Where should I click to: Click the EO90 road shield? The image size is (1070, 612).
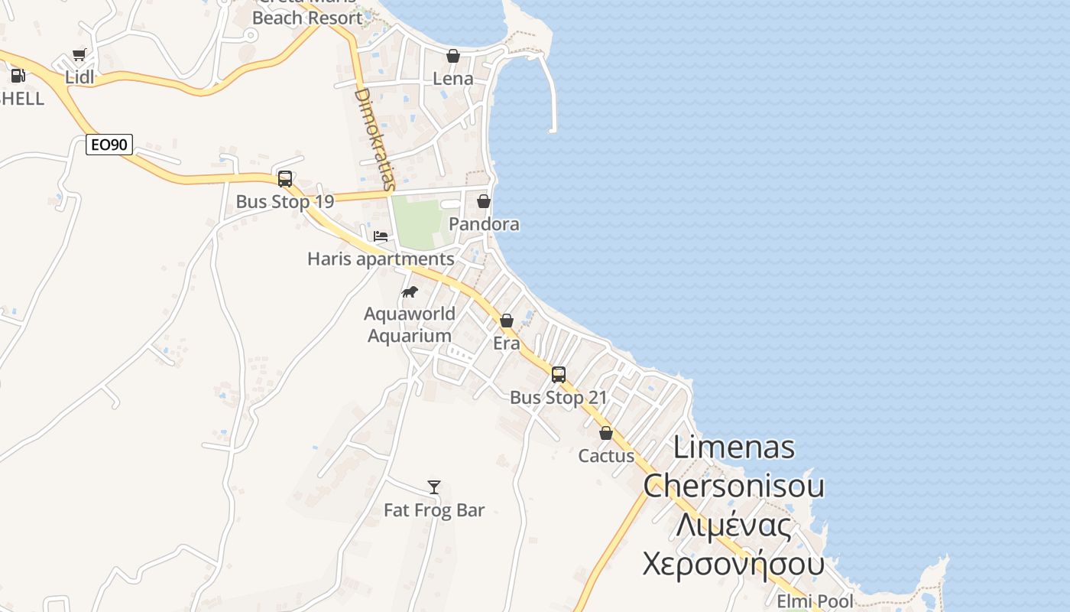[109, 145]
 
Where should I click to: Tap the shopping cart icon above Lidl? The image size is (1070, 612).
[79, 54]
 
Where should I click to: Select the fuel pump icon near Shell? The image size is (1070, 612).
[18, 76]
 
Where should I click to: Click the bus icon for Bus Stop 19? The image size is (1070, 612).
[285, 179]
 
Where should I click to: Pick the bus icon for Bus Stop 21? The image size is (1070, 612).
[559, 375]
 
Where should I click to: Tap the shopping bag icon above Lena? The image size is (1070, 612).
[453, 56]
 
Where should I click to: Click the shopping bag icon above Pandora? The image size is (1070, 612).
[484, 201]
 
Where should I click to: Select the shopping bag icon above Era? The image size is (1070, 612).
[507, 321]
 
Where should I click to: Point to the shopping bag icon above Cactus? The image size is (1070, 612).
[606, 433]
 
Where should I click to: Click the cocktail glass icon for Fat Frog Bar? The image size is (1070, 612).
[434, 487]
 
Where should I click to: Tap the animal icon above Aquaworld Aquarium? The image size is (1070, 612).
[410, 291]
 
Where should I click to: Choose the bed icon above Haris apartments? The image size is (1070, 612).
[381, 236]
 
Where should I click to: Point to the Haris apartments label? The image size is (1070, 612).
[381, 259]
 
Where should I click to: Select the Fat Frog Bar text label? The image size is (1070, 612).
[434, 510]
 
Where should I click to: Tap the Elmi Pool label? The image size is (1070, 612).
[815, 601]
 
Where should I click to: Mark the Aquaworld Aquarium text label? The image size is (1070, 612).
[410, 325]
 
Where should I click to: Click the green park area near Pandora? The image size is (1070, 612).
[417, 222]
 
